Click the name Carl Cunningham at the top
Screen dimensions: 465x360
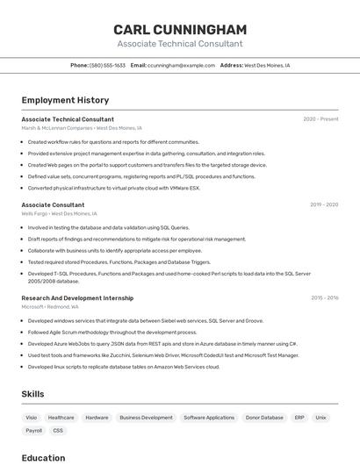[180, 29]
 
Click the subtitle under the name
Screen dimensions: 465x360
[180, 44]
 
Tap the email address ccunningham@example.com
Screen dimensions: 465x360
[181, 65]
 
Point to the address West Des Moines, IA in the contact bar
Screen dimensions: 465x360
[266, 65]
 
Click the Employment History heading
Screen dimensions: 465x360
[65, 100]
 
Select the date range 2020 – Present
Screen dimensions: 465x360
[320, 119]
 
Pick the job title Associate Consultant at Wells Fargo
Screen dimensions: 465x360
[53, 204]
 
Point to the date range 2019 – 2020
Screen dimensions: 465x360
[324, 204]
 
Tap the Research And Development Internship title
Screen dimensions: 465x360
[77, 298]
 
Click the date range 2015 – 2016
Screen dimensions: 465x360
[324, 298]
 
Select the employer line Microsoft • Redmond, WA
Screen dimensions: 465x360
[50, 307]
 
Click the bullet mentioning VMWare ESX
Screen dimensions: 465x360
[114, 188]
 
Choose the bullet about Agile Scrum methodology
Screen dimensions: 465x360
[112, 333]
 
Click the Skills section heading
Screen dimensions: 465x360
[32, 394]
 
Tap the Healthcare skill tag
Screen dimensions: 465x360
[61, 418]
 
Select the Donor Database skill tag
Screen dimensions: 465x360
[264, 418]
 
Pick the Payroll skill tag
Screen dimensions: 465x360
[33, 431]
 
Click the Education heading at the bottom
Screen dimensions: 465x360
[43, 457]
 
